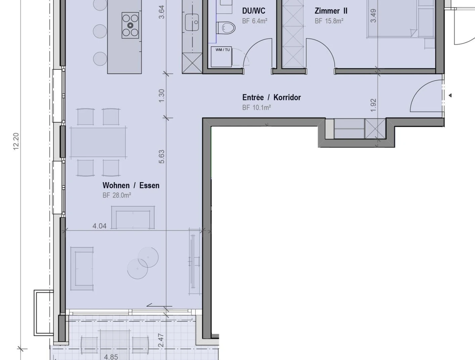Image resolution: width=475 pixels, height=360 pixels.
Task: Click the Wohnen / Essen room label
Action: (131, 185)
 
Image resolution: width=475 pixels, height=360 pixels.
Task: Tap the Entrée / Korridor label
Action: (271, 98)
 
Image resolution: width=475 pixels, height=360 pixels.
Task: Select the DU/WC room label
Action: (254, 11)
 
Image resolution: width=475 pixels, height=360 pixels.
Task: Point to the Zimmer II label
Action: (331, 11)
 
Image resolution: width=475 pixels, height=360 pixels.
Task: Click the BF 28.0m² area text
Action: (117, 195)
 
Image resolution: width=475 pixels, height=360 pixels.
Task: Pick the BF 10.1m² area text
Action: (257, 107)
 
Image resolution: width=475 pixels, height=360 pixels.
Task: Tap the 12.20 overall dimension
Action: (16, 141)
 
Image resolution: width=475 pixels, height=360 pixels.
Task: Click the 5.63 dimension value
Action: (162, 157)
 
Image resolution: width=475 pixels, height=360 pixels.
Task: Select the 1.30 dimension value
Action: (162, 96)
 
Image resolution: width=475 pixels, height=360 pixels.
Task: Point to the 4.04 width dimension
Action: (100, 226)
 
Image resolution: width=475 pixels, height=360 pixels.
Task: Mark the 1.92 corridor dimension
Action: (373, 105)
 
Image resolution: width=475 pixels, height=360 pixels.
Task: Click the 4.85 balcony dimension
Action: (111, 357)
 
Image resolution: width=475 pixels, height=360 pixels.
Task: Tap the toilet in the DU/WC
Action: (226, 28)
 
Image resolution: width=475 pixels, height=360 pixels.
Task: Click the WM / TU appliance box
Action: (221, 57)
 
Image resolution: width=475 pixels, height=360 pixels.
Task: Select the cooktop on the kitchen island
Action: (130, 25)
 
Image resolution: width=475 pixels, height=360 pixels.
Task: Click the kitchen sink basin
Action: (192, 22)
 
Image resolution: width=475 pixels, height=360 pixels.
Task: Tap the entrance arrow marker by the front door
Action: (450, 95)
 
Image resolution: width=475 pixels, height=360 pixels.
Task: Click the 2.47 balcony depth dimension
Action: (161, 340)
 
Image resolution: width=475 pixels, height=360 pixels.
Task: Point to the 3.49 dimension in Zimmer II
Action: (373, 16)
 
